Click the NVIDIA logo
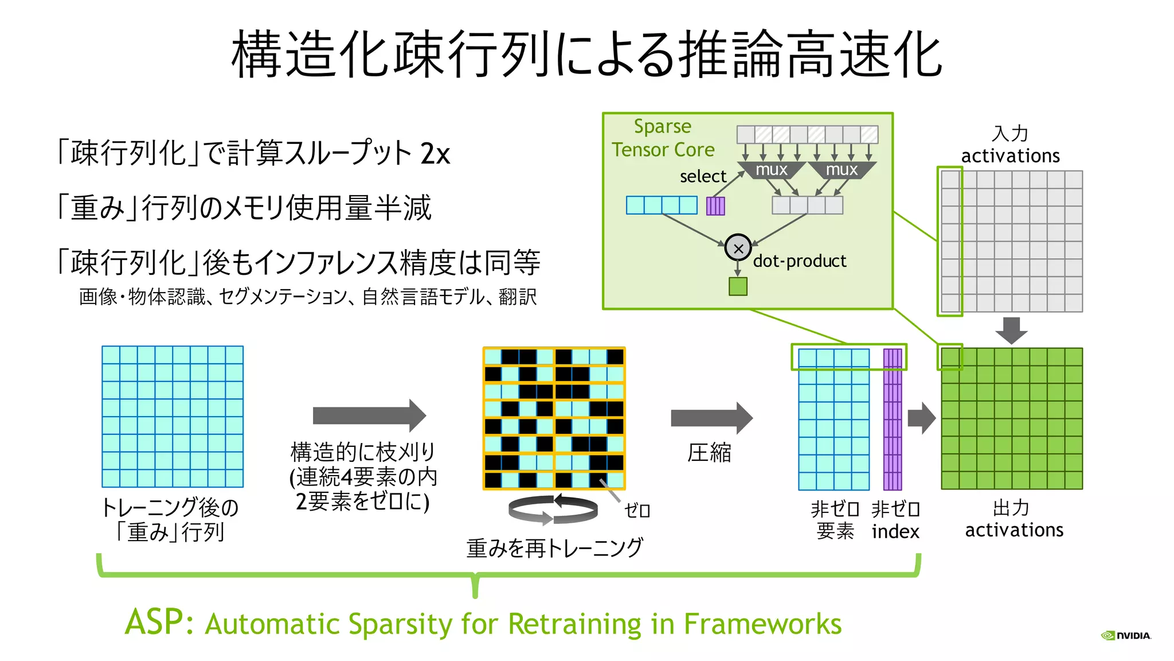tap(1126, 635)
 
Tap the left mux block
tap(772, 170)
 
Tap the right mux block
tap(842, 170)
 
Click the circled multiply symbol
tap(738, 248)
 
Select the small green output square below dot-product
tap(738, 286)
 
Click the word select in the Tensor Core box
tap(703, 177)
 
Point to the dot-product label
tap(799, 261)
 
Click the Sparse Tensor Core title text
tap(663, 138)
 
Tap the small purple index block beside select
tap(715, 205)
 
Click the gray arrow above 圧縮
tap(711, 418)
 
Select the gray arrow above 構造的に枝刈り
tap(369, 415)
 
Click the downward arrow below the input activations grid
tap(1011, 330)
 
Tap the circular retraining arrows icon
tap(553, 510)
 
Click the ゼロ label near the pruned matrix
tap(637, 510)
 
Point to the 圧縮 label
tap(709, 453)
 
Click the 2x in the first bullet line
tap(435, 153)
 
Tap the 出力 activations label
tap(1013, 519)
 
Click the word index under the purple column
tap(895, 531)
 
